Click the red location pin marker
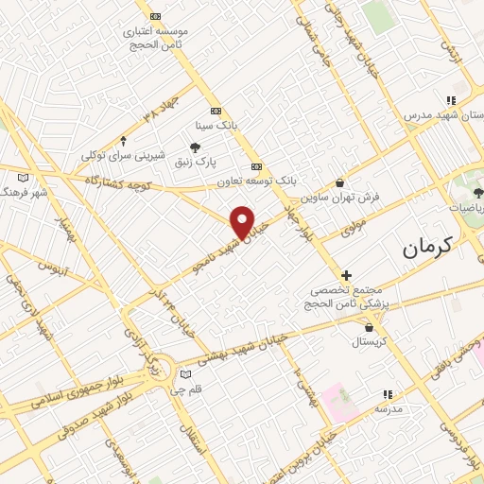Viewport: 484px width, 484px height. click(243, 221)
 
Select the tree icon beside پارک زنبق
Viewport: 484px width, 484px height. click(195, 147)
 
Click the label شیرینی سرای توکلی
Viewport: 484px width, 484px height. click(123, 154)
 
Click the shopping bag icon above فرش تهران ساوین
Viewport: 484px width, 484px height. click(340, 183)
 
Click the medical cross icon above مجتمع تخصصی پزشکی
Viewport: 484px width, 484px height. click(346, 274)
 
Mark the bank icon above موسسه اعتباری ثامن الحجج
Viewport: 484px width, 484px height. click(156, 16)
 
